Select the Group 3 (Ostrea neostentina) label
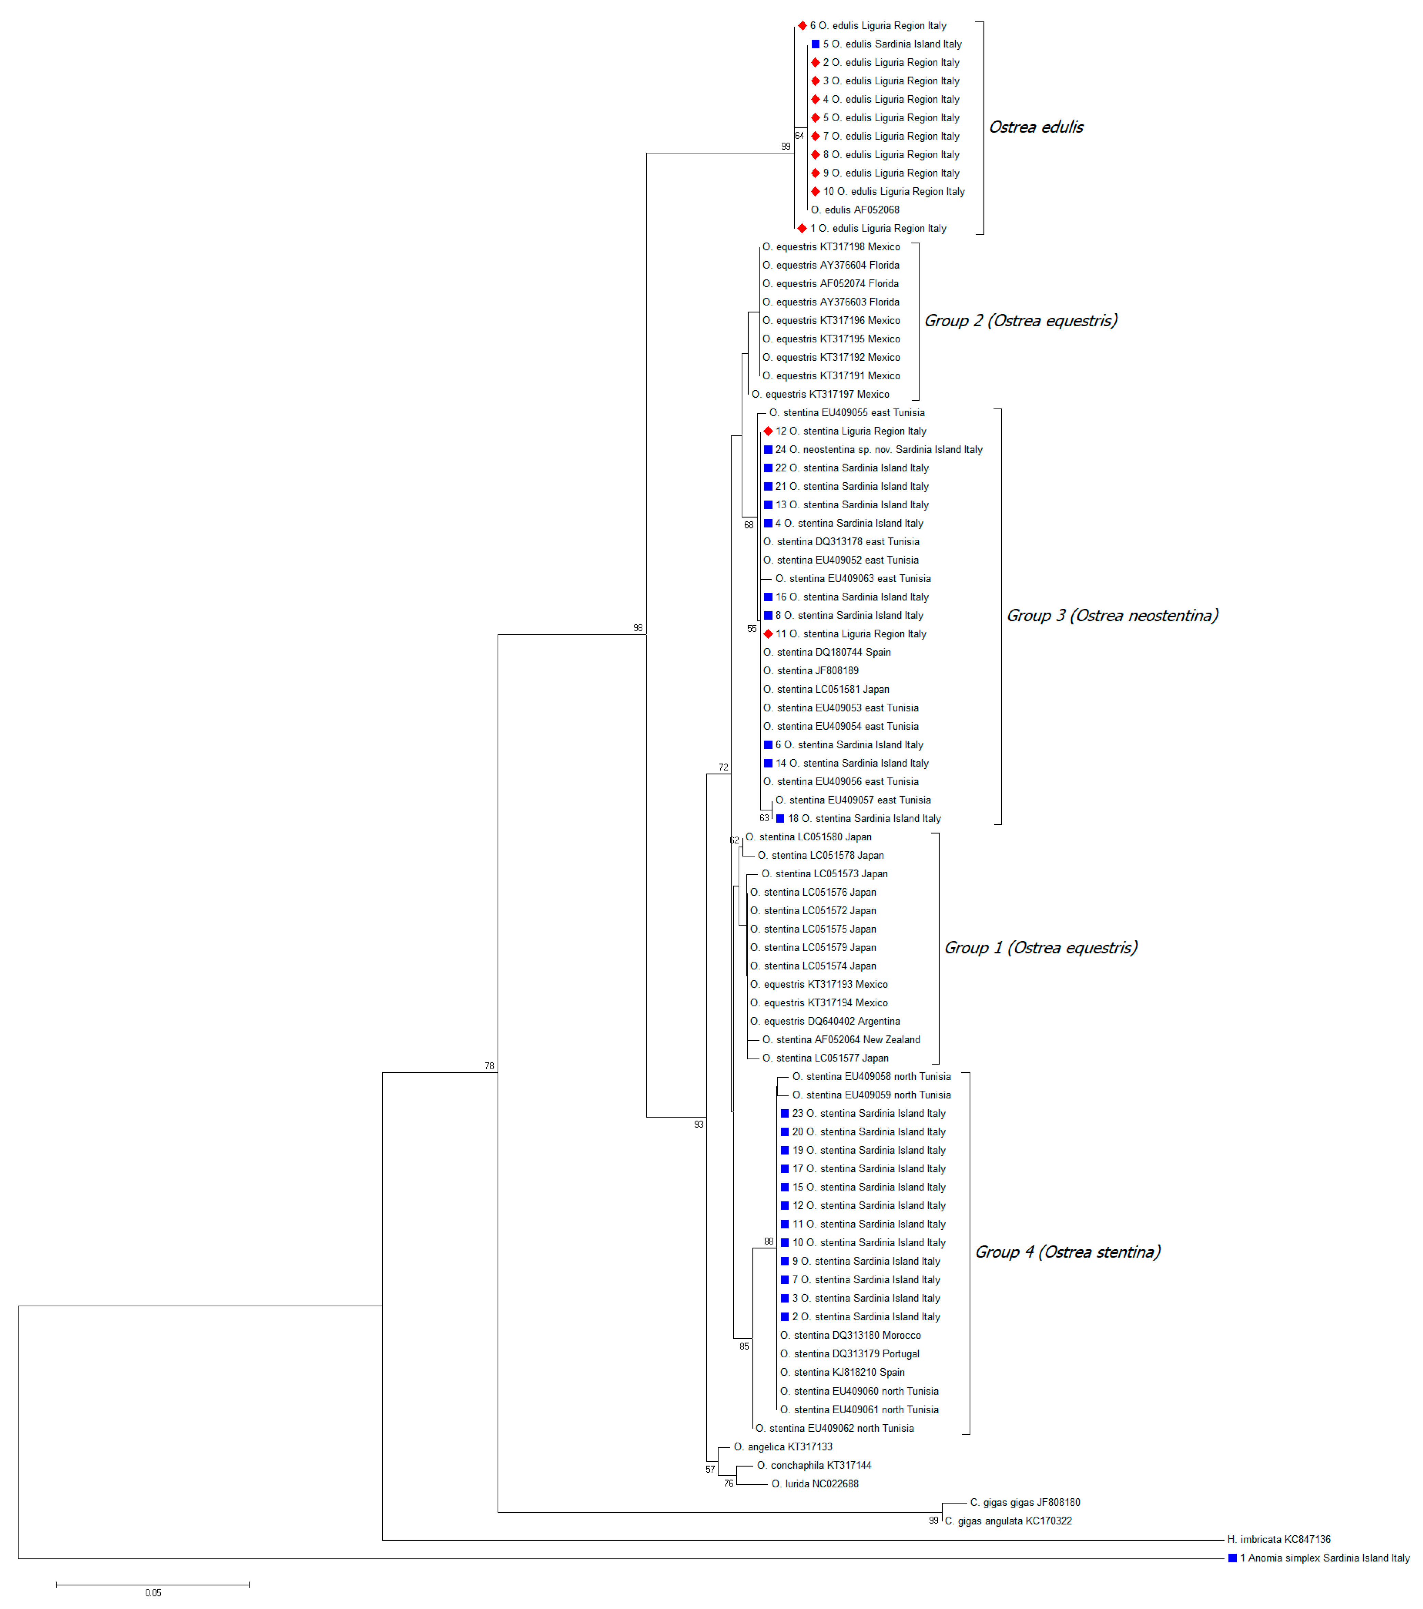[1111, 616]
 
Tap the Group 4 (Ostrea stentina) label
[1067, 1252]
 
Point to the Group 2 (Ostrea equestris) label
[1020, 320]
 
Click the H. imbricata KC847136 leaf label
[1278, 1539]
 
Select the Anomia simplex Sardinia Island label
[1325, 1558]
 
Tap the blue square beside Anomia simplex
[1232, 1558]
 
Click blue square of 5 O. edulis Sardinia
[816, 44]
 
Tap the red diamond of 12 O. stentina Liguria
[768, 431]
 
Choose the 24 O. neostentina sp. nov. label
[878, 450]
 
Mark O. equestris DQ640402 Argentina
[824, 1021]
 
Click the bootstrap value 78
[489, 1066]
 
